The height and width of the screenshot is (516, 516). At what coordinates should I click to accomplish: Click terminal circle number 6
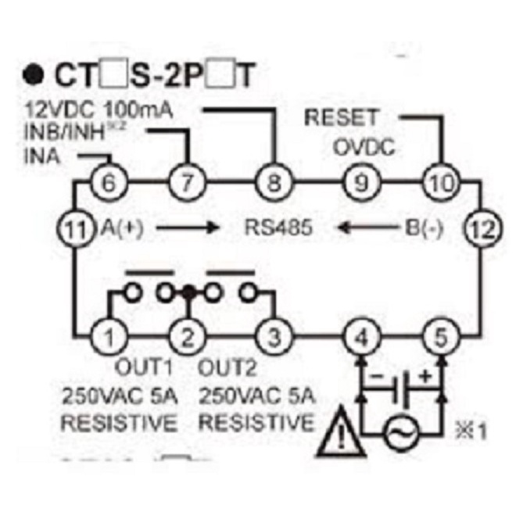[x=109, y=185]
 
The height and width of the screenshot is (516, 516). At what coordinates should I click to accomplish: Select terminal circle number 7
[x=187, y=185]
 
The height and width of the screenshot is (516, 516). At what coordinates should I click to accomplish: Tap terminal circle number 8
[x=274, y=185]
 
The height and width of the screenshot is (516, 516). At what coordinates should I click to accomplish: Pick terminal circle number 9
[x=360, y=185]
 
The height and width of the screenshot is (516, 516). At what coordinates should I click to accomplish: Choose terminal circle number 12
[x=478, y=228]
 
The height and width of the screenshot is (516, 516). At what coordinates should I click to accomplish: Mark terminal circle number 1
[x=109, y=338]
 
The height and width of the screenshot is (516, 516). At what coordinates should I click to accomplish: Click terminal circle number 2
[x=188, y=338]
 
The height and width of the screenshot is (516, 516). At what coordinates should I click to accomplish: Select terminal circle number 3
[x=274, y=338]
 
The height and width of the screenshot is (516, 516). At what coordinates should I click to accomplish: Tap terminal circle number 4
[x=360, y=338]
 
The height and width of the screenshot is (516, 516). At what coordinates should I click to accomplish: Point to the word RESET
[x=340, y=119]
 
